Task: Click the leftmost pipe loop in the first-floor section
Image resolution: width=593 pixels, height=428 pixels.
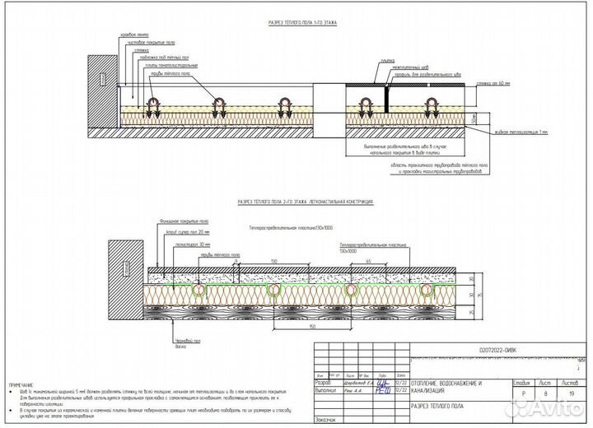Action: (154, 105)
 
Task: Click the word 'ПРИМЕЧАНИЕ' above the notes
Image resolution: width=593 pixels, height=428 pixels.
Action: (24, 385)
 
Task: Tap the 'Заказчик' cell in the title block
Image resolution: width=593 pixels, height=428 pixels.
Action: (326, 421)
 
